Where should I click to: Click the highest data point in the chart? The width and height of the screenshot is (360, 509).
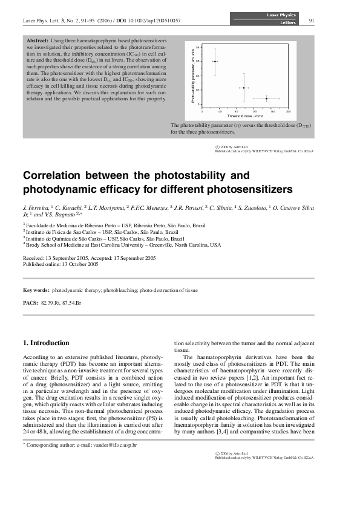[x=215, y=61]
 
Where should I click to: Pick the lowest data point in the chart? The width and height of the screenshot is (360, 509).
[x=266, y=98]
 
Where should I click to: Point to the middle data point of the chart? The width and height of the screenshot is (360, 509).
[x=243, y=88]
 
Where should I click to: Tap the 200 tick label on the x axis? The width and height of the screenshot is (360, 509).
[x=289, y=111]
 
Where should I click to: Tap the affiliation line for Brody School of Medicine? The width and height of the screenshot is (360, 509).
[x=123, y=245]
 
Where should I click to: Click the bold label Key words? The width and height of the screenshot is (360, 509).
[x=36, y=290]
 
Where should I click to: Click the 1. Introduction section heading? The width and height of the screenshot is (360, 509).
[x=46, y=343]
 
